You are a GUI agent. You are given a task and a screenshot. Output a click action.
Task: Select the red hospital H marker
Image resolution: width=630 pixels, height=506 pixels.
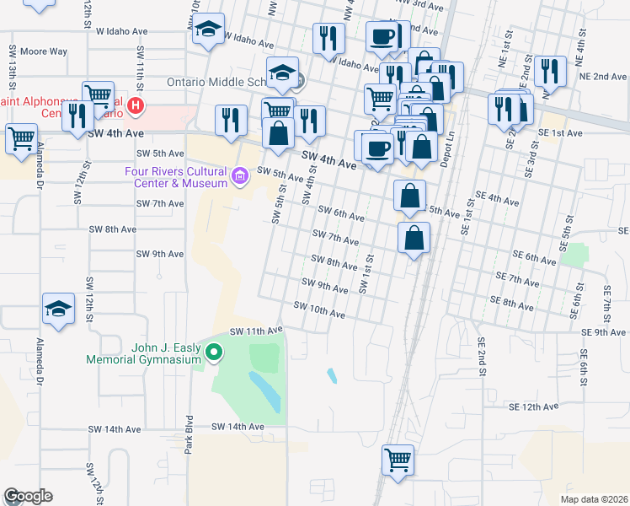136,107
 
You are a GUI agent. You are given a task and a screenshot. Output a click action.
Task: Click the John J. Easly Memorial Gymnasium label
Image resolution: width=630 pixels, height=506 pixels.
144,353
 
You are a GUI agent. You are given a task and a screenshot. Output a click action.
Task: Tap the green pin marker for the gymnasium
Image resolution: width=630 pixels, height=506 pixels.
215,353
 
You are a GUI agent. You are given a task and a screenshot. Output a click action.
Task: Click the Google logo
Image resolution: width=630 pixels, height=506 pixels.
28,496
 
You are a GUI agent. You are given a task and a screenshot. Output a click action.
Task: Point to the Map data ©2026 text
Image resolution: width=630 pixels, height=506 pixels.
594,499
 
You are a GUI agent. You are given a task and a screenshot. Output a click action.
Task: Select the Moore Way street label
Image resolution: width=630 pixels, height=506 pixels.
44,51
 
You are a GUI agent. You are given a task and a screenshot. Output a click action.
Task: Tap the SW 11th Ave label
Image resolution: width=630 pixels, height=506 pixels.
250,331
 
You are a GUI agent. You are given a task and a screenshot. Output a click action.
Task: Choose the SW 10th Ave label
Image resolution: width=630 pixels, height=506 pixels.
320,310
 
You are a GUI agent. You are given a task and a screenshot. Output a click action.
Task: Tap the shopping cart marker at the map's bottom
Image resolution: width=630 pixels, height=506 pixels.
398,461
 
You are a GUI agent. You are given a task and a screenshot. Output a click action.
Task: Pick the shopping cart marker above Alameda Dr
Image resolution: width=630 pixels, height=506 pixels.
21,137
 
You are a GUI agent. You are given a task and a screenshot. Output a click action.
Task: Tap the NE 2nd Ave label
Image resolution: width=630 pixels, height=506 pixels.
603,76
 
